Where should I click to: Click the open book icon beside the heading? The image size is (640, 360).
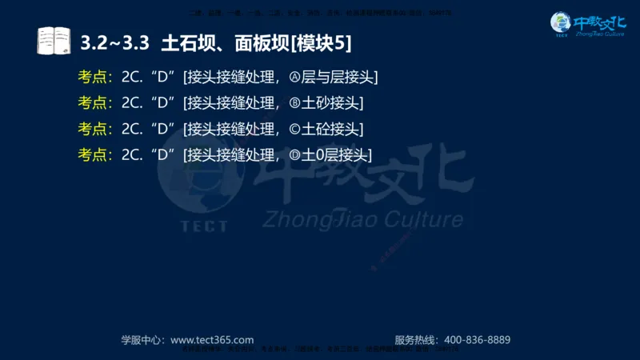point(54,40)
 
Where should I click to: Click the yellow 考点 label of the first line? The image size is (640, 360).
point(94,78)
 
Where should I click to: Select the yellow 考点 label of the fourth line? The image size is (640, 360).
point(94,154)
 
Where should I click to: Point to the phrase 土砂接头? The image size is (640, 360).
point(332,103)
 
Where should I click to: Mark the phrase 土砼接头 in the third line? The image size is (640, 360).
point(332,129)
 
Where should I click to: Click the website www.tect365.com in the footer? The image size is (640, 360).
point(212,339)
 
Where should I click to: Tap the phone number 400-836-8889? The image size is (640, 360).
point(477,339)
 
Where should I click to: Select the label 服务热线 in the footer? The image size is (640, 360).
point(415,339)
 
